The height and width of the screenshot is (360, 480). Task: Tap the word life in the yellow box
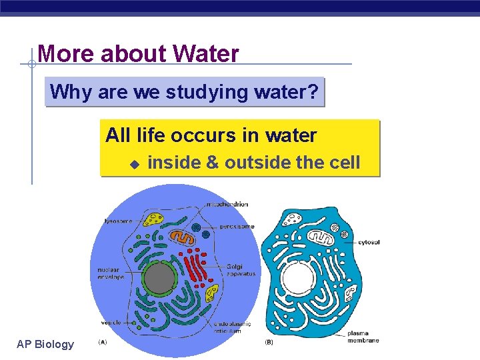[x=151, y=135]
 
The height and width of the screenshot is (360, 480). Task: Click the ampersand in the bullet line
[x=212, y=163]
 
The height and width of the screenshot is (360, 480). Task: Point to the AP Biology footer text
[x=45, y=344]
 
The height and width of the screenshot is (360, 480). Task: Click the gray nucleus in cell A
[x=159, y=279]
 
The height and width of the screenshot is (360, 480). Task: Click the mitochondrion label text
[x=227, y=204]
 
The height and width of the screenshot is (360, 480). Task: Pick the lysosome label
[x=117, y=221]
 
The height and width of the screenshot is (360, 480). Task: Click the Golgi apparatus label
[x=239, y=270]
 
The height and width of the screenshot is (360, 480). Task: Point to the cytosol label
[x=368, y=242]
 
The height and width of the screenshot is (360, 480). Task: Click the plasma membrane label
[x=363, y=336]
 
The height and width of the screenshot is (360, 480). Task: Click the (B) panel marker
[x=269, y=342]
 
